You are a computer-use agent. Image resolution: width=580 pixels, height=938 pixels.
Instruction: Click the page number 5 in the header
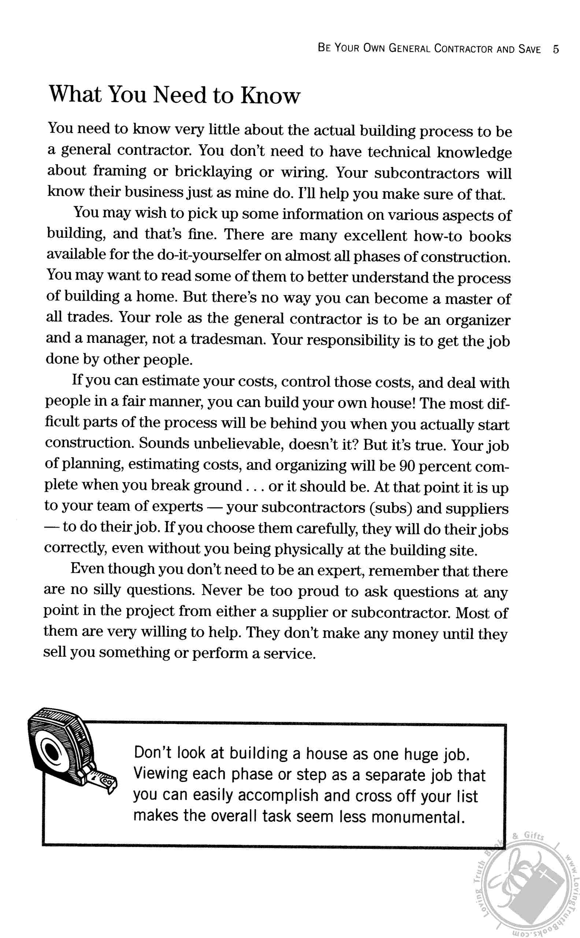(556, 49)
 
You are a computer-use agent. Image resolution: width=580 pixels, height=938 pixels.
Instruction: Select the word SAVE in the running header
(529, 49)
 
